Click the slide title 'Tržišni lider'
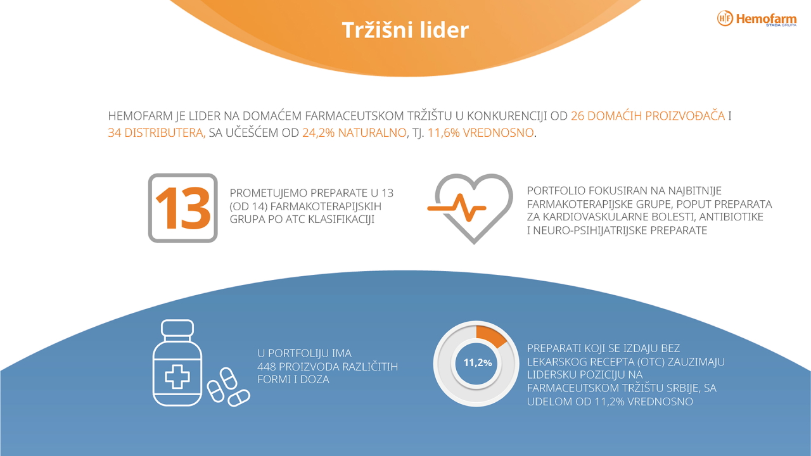coord(405,30)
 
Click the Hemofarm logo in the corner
coord(757,18)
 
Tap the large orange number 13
coord(183,208)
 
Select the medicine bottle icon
coord(177,363)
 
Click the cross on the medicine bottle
coord(177,377)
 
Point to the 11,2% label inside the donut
coord(478,363)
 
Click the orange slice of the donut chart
coord(490,336)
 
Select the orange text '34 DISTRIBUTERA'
coord(156,133)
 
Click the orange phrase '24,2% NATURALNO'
coord(354,133)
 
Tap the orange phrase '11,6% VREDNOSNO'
coord(480,133)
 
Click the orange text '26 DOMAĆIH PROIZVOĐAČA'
coord(648,116)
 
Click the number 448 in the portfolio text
coord(267,367)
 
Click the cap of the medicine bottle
coord(177,328)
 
